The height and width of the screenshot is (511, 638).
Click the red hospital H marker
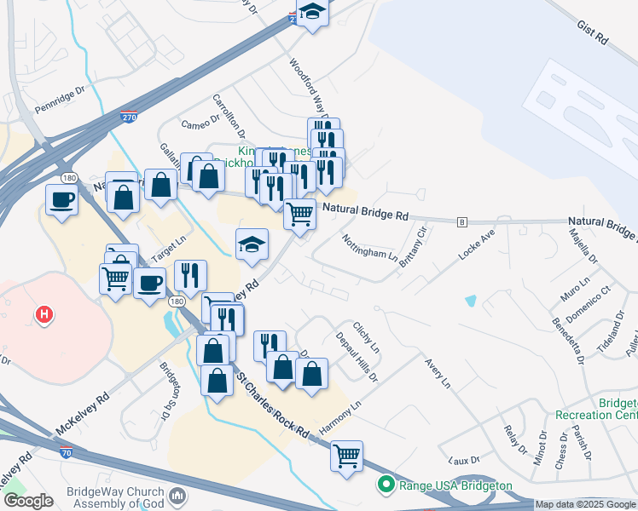tap(44, 315)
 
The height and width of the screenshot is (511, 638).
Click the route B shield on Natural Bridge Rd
tap(462, 221)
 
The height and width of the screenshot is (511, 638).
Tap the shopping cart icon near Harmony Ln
tap(346, 456)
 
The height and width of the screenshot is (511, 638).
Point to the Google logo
tap(27, 501)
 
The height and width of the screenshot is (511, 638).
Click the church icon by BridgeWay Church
tap(178, 496)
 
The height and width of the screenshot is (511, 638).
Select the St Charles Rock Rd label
tap(272, 405)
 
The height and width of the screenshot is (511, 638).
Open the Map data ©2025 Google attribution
tap(584, 504)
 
